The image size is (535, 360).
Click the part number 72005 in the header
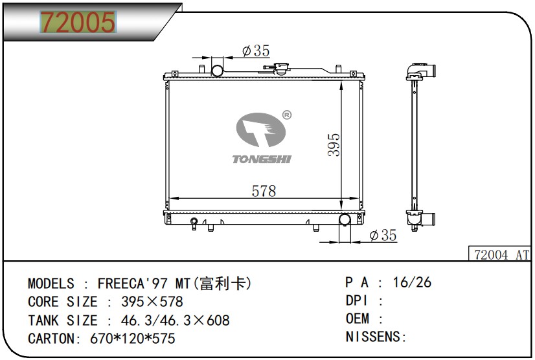[78, 22]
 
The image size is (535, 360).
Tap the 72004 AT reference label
[501, 254]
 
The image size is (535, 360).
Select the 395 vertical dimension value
[334, 144]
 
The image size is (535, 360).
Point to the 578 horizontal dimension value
[264, 191]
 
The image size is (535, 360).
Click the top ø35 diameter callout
[256, 51]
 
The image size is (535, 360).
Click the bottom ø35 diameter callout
[383, 235]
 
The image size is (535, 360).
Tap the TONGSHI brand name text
[262, 159]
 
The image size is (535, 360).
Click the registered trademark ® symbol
[287, 115]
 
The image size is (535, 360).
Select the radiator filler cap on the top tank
[281, 68]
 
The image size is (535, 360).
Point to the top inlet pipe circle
[218, 71]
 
